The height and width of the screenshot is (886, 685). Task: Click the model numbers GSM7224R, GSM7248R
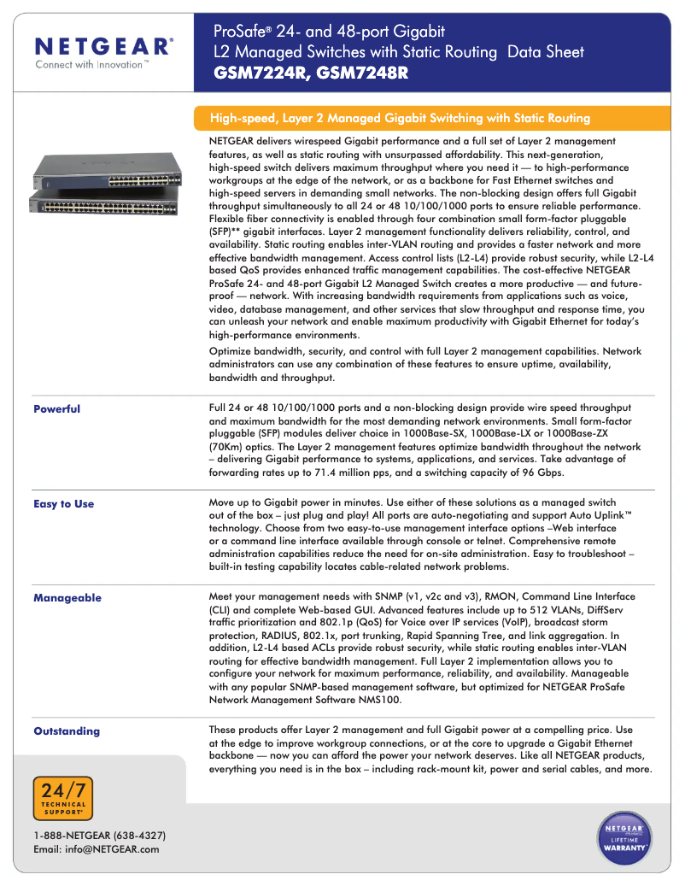(311, 73)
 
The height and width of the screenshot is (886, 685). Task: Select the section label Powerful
(56, 409)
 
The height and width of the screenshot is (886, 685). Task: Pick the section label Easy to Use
(63, 504)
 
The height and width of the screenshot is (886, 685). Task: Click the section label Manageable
(67, 598)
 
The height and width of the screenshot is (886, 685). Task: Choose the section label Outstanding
(67, 731)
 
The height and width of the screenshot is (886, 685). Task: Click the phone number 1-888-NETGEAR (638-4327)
(99, 835)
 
